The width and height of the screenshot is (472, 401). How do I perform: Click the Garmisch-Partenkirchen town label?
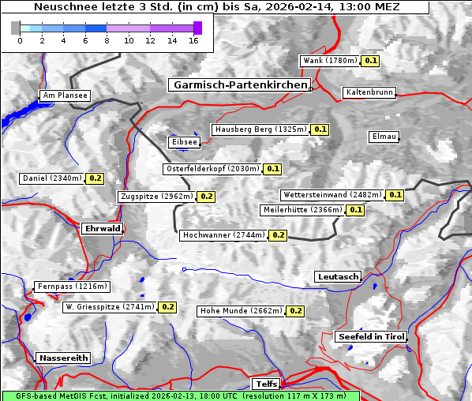click(238, 84)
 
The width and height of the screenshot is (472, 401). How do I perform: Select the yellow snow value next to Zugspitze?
click(206, 197)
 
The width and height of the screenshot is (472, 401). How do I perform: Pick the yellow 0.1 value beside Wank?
click(371, 61)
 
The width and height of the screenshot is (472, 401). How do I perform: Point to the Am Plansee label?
click(64, 96)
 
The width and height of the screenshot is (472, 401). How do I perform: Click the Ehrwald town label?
click(102, 229)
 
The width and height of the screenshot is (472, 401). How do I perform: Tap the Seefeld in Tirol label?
click(370, 336)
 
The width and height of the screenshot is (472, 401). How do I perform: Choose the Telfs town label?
click(265, 384)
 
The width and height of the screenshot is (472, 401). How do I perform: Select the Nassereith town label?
click(63, 358)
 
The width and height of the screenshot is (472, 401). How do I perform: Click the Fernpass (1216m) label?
click(72, 287)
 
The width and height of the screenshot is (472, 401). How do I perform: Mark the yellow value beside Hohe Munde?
click(295, 311)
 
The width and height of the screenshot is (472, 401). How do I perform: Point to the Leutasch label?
click(338, 276)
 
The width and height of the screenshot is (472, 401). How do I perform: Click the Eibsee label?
click(184, 142)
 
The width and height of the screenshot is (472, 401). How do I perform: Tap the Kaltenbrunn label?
click(369, 92)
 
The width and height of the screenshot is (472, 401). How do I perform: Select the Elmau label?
click(384, 137)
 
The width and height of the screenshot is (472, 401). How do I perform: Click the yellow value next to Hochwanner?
click(278, 235)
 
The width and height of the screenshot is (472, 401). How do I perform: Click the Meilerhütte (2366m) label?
click(302, 210)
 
